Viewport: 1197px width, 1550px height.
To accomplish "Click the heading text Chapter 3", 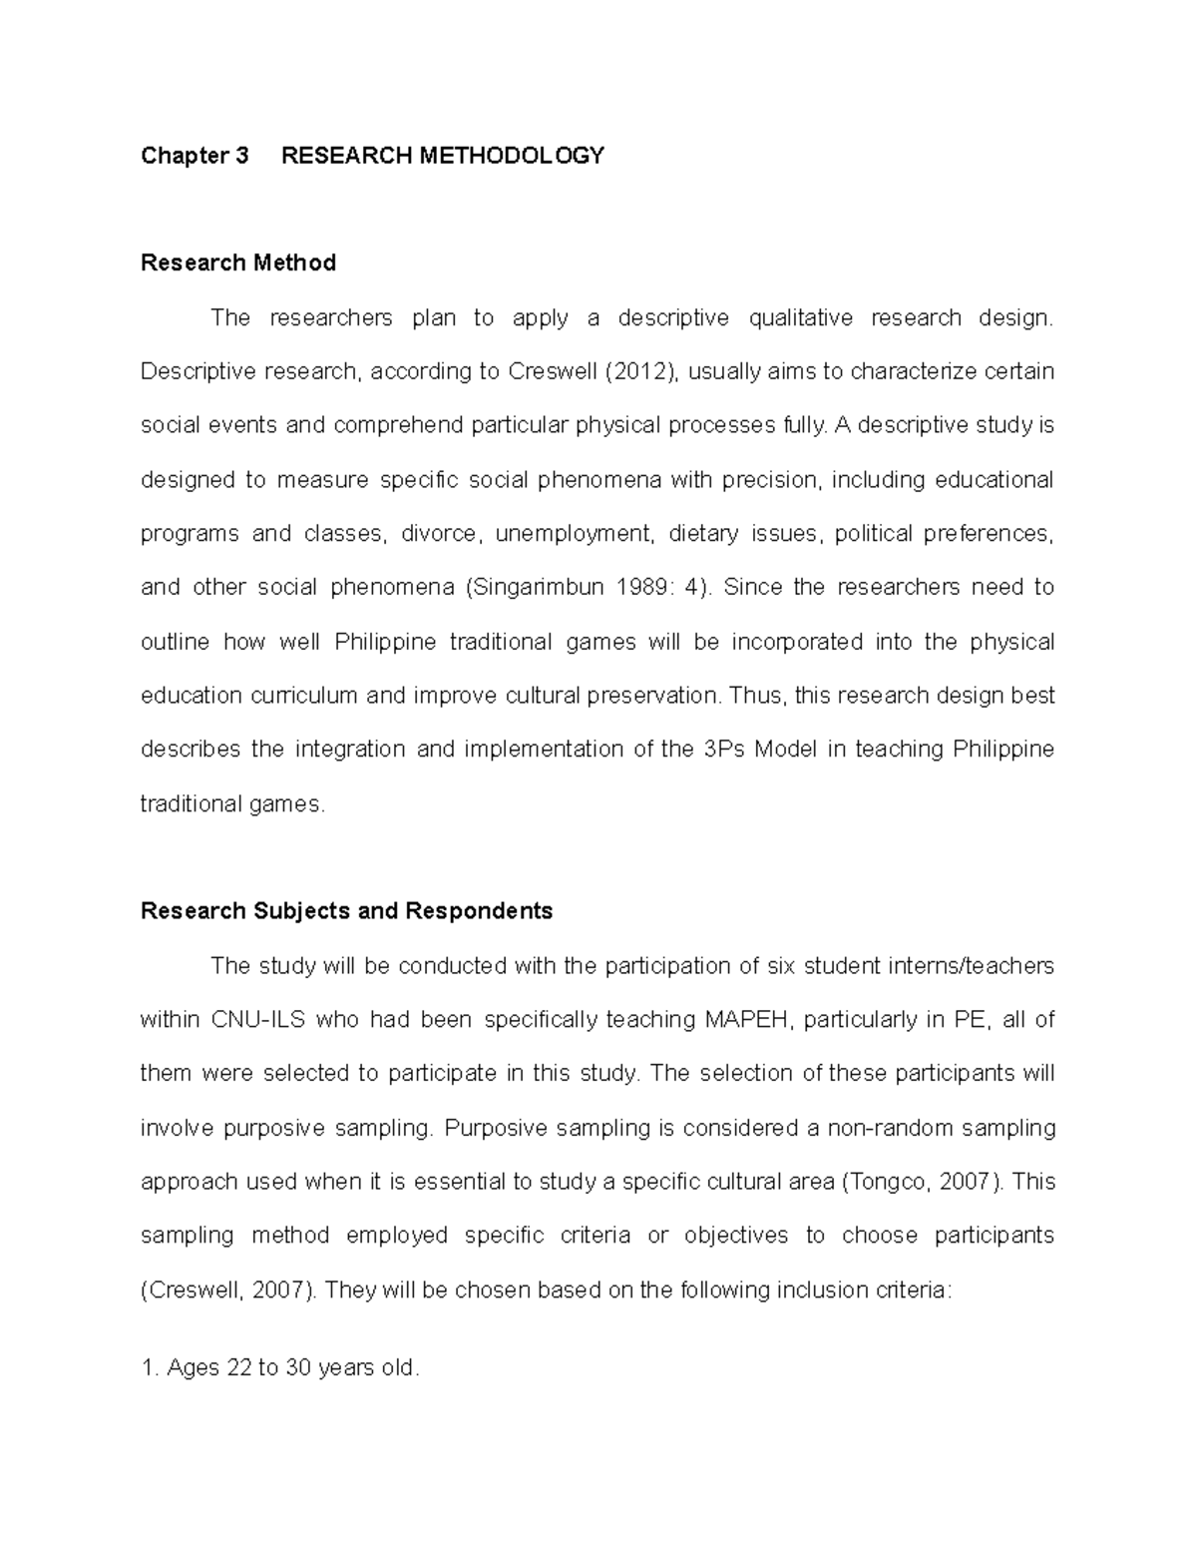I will coord(195,156).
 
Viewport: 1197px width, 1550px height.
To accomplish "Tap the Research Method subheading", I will coord(238,262).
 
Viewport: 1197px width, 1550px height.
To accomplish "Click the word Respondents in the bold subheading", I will coord(478,911).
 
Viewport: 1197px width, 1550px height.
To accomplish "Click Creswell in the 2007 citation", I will coord(194,1291).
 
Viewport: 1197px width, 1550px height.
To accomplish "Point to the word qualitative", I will coord(801,318).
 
